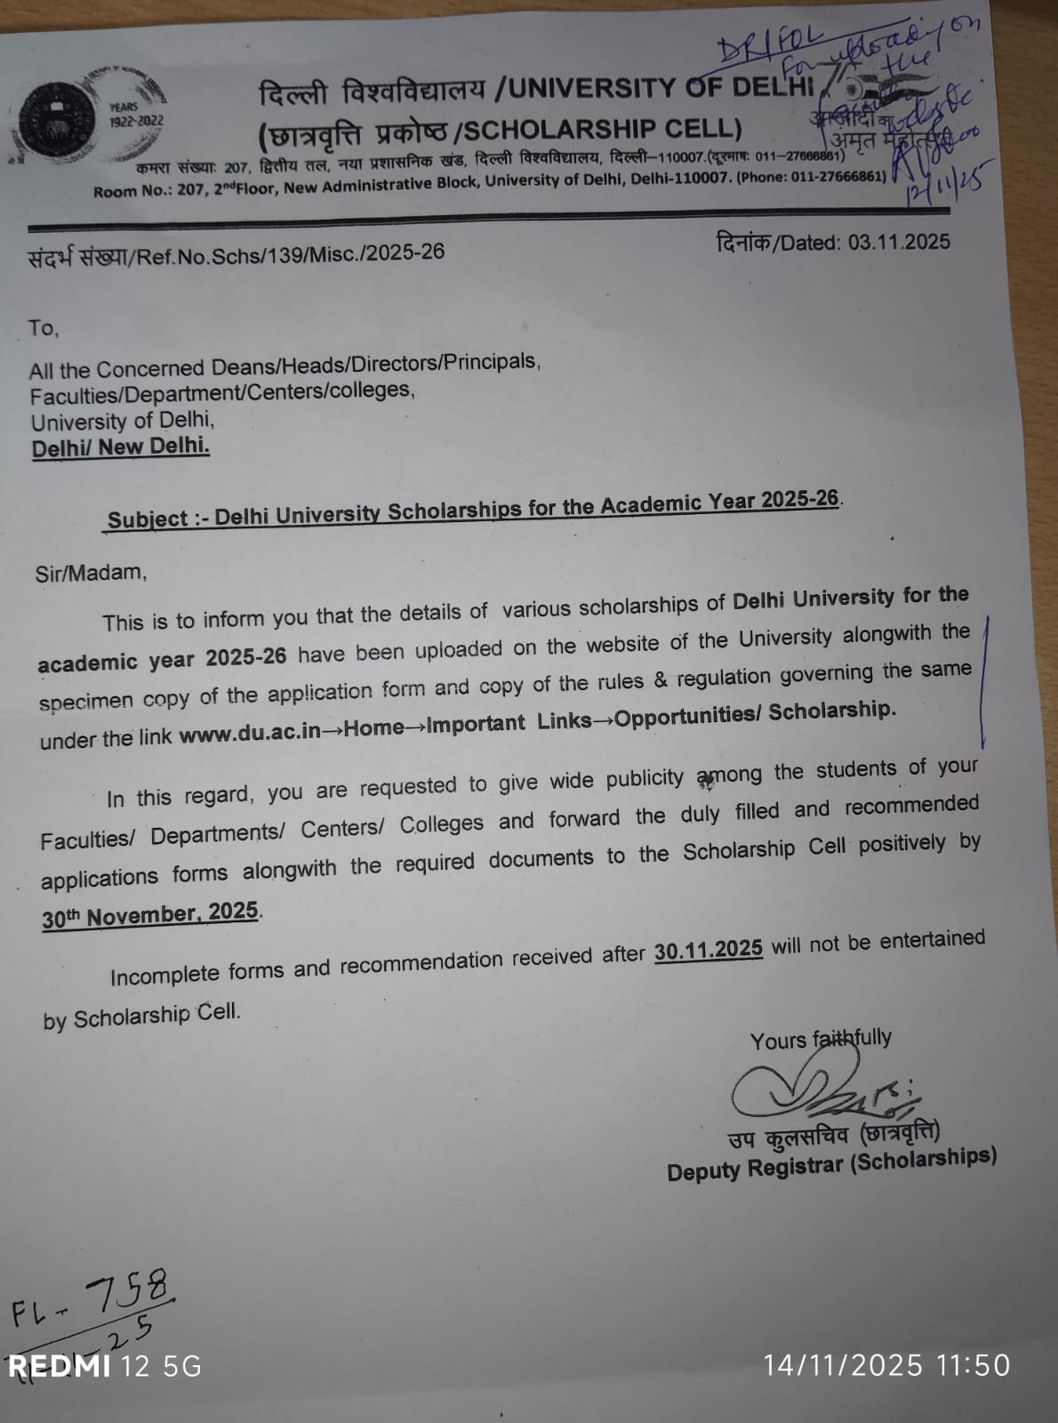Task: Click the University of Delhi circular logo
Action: point(59,122)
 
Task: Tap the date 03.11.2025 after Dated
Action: point(898,242)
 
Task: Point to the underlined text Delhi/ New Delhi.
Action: point(121,446)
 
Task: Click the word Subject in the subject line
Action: point(148,519)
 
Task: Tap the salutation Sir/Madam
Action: point(91,572)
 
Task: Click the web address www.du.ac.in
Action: point(249,734)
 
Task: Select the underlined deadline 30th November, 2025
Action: point(150,915)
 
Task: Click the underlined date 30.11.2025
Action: point(708,950)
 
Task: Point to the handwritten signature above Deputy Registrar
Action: point(818,1090)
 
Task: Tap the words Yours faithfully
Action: point(820,1039)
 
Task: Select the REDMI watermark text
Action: point(59,1366)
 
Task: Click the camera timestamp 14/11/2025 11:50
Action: point(886,1365)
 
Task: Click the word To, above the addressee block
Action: point(43,328)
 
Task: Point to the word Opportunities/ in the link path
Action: point(687,717)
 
